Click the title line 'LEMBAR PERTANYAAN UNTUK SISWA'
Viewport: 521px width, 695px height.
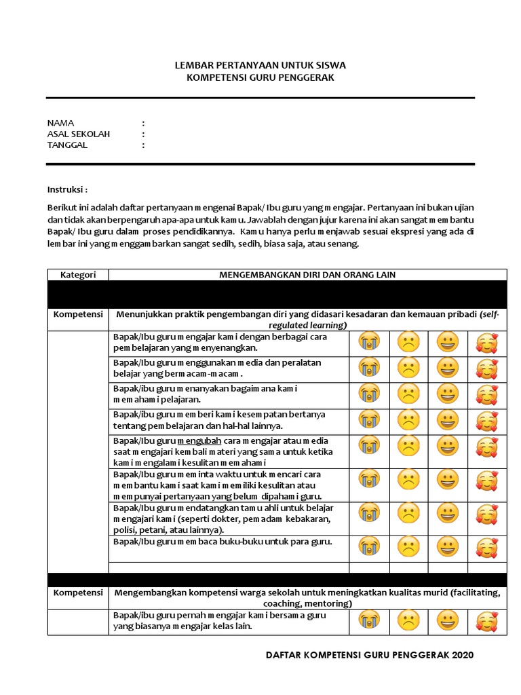260,65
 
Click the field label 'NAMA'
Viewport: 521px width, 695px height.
60,123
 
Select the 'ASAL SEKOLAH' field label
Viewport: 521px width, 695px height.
78,134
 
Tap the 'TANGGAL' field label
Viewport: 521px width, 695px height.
67,145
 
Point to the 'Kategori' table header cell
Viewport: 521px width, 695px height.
78,275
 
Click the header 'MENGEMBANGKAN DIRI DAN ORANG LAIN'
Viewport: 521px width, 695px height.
307,275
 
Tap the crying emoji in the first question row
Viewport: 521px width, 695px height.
369,342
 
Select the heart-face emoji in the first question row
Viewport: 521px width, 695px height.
486,343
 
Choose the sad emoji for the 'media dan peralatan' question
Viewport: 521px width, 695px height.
408,369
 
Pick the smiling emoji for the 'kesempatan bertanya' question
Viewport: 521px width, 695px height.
447,420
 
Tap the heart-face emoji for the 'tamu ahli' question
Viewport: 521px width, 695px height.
486,514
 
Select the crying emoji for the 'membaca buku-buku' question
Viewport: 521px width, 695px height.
369,546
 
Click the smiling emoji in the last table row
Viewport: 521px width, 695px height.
447,620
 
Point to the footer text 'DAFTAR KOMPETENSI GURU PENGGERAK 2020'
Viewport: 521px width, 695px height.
369,655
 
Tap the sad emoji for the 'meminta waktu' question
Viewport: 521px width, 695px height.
408,481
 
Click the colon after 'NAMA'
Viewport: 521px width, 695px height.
143,123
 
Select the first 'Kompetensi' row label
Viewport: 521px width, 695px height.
78,315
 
